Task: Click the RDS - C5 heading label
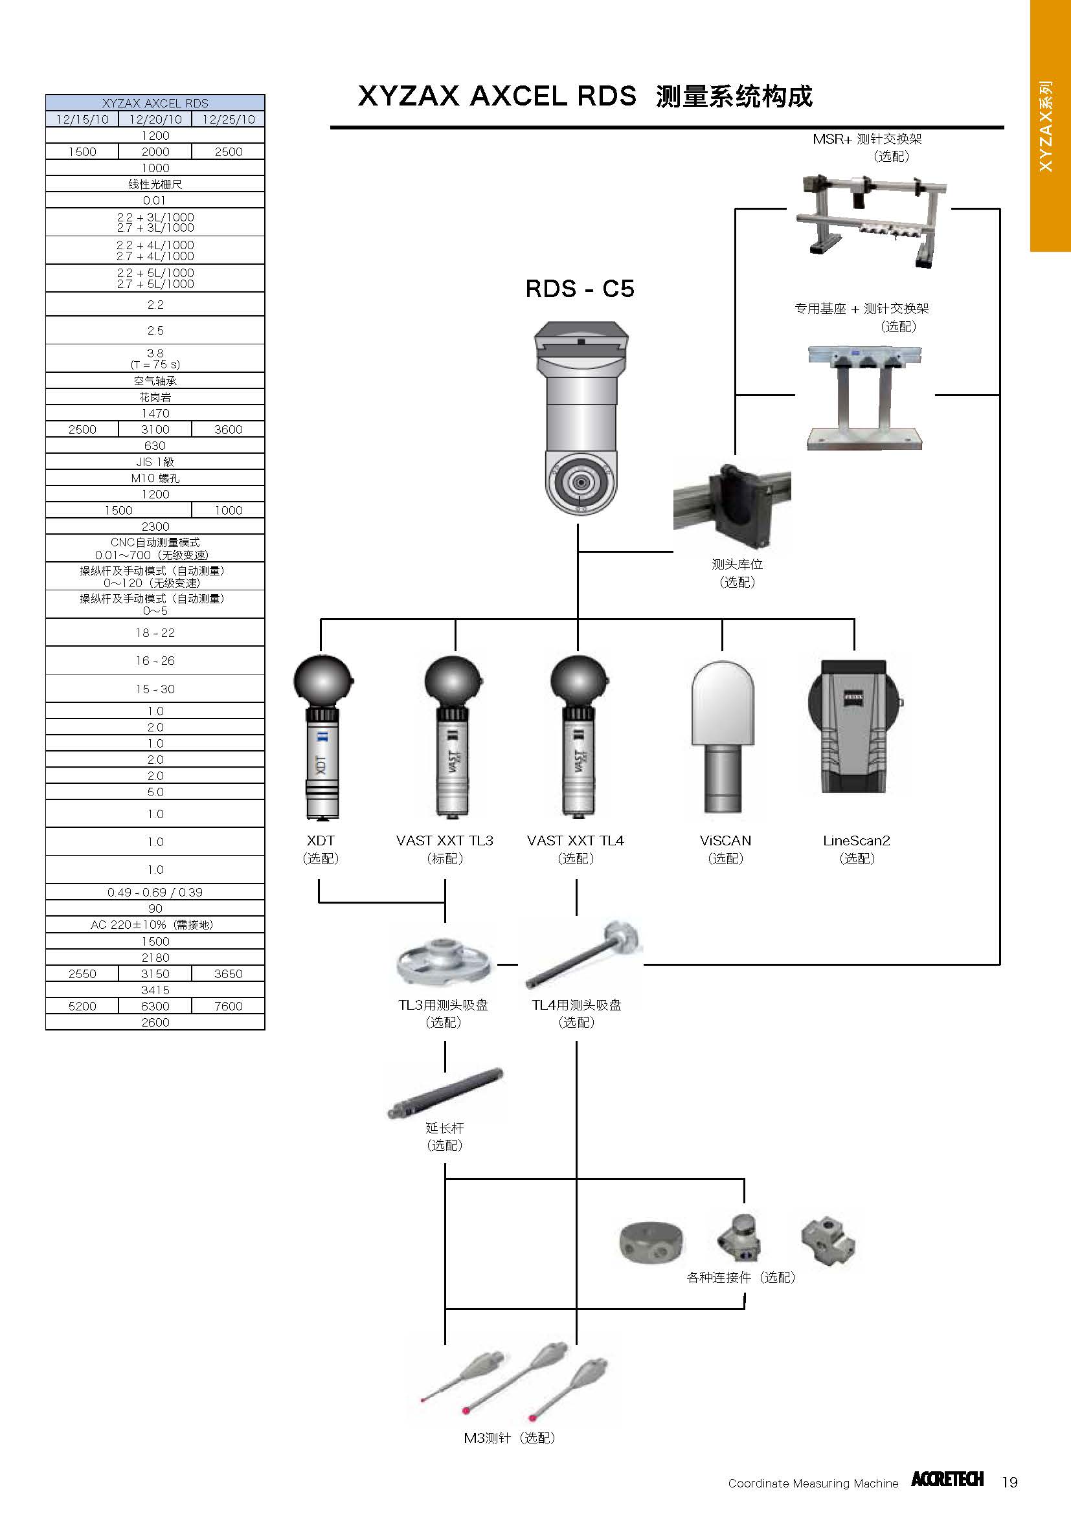(579, 289)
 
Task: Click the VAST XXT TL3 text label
(444, 840)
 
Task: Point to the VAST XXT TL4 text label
(575, 840)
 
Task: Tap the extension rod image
(444, 1093)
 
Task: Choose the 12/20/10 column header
(155, 119)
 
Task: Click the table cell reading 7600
(228, 1007)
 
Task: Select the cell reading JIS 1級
(155, 462)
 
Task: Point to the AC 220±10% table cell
(155, 924)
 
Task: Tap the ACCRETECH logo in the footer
(947, 1479)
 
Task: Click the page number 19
(1009, 1482)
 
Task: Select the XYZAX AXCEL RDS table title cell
(155, 103)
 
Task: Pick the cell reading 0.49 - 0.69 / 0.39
(155, 892)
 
